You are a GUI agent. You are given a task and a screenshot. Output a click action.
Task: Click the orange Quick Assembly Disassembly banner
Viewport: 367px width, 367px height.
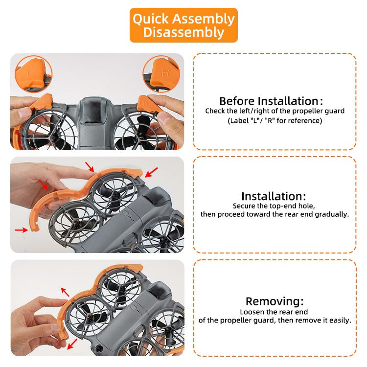click(x=183, y=25)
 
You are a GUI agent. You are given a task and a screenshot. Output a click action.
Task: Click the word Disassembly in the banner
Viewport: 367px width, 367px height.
click(x=183, y=32)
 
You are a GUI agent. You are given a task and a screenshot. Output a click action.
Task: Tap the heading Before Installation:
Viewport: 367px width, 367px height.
click(x=271, y=101)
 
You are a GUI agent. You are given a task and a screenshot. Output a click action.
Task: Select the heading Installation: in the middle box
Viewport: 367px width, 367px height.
click(x=274, y=196)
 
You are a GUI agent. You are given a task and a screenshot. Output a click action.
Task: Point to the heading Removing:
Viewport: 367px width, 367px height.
click(x=275, y=301)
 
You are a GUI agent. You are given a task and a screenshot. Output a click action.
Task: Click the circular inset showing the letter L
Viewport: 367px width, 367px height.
click(x=34, y=74)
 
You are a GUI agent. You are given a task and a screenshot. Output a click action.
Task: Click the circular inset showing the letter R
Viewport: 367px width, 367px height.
click(x=161, y=74)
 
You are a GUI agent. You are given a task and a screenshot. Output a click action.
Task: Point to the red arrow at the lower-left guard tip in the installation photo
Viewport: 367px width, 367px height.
click(x=22, y=230)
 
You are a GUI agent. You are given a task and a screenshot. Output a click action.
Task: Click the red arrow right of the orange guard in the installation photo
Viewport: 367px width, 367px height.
click(x=151, y=172)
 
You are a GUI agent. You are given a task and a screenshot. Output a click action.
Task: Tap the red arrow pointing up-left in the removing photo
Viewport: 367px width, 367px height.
click(x=65, y=292)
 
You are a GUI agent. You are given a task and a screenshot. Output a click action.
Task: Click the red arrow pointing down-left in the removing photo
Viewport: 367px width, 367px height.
click(x=72, y=344)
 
